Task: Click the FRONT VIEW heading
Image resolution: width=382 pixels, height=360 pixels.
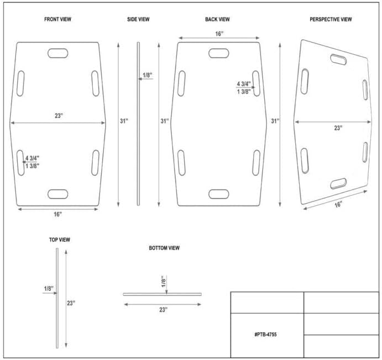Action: (x=57, y=19)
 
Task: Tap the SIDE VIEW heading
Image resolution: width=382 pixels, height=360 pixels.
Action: (x=138, y=19)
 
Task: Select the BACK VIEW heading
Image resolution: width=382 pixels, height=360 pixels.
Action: (x=217, y=19)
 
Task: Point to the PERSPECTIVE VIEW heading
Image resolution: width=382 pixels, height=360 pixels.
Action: (x=331, y=19)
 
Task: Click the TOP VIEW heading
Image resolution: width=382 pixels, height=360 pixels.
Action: (x=60, y=240)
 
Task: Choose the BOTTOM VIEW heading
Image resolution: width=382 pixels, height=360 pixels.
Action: (x=164, y=248)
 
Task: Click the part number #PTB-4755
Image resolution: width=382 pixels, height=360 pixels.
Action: (x=265, y=335)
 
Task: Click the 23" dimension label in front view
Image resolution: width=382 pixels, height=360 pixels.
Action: (x=59, y=115)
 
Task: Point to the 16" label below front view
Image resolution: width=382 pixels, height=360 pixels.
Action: (x=57, y=214)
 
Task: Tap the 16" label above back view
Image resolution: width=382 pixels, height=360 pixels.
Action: (x=219, y=34)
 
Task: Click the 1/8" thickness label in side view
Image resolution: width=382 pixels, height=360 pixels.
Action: (x=148, y=75)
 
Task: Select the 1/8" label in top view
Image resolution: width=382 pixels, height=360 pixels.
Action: (x=49, y=289)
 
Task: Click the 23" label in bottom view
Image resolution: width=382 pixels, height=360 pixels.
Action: (x=164, y=310)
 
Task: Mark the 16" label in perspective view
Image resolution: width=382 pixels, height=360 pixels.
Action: (x=338, y=204)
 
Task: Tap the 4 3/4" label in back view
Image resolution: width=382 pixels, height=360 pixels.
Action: (x=244, y=84)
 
